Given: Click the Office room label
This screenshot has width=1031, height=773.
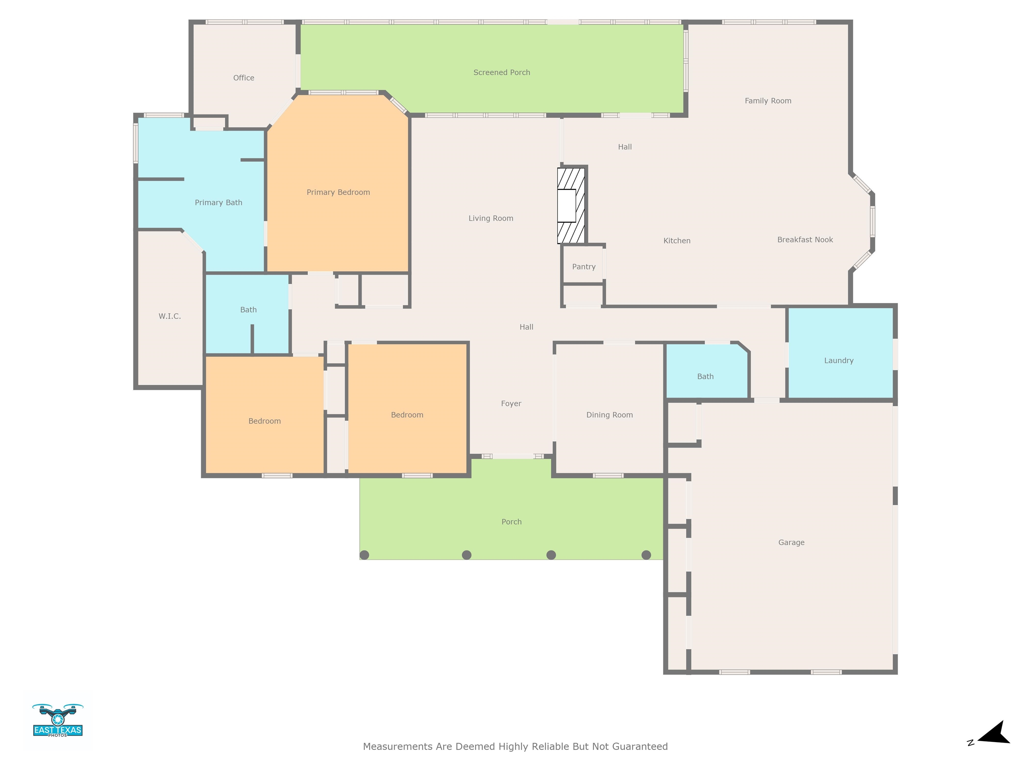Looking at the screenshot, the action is point(244,78).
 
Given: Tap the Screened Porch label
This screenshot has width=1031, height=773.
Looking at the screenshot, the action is point(501,72).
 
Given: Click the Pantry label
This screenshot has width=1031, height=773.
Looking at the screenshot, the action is point(584,266).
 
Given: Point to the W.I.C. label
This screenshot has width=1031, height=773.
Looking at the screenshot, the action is point(170,316).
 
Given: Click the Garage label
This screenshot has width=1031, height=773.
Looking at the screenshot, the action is point(791,543).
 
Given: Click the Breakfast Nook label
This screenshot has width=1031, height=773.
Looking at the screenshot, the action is point(805,240).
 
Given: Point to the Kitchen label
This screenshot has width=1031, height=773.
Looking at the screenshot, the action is point(677,241).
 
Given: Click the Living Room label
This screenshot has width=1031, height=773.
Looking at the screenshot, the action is point(491,218).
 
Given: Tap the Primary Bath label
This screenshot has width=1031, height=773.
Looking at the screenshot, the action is point(218,202).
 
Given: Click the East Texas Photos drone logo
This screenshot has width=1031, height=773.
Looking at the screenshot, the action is point(58,720).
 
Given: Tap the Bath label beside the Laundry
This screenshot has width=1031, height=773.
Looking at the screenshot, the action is point(705,376).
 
